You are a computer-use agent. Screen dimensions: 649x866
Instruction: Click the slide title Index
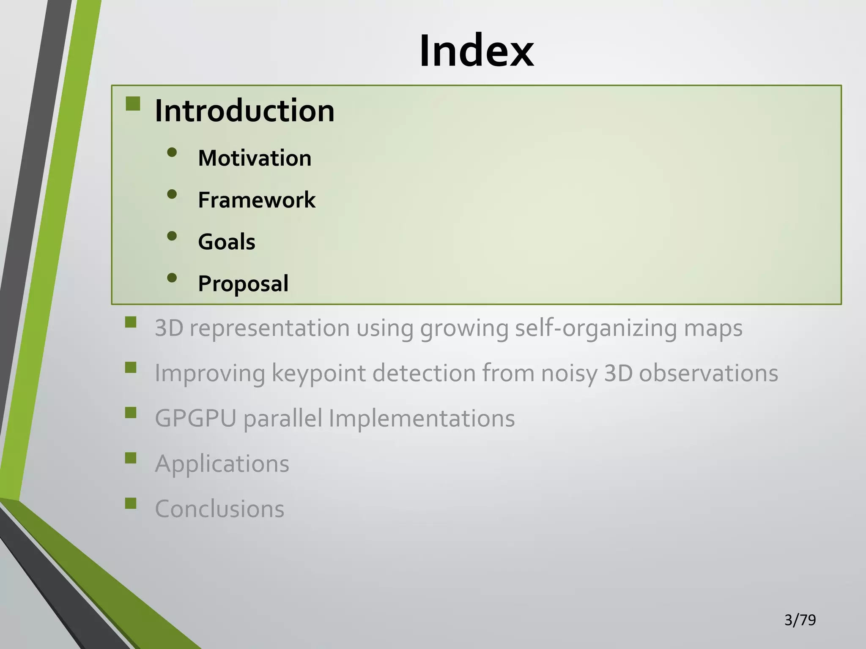click(476, 51)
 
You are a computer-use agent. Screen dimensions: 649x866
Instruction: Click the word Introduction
click(244, 111)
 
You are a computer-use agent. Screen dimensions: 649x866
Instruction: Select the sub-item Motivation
click(255, 158)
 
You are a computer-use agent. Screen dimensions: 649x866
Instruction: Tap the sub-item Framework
click(257, 200)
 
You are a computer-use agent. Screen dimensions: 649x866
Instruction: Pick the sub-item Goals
click(227, 242)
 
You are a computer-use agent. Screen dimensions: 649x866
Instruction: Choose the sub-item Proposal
click(243, 284)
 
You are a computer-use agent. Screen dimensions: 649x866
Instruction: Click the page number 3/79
click(800, 620)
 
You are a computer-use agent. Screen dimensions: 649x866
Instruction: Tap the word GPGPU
click(195, 419)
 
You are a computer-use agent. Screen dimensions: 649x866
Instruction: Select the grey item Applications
click(222, 464)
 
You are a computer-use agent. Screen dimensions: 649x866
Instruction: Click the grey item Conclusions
click(219, 509)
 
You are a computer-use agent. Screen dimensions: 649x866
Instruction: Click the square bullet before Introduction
click(133, 104)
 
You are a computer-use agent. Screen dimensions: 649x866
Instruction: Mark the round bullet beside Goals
click(172, 236)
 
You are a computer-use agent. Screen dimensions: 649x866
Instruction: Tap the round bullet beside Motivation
click(172, 152)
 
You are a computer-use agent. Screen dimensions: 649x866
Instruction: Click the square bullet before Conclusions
click(131, 503)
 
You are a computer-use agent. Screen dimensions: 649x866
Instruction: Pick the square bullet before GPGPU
click(131, 412)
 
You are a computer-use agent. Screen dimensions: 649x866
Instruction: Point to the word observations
click(708, 374)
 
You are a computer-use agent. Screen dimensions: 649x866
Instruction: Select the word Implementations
click(422, 419)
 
